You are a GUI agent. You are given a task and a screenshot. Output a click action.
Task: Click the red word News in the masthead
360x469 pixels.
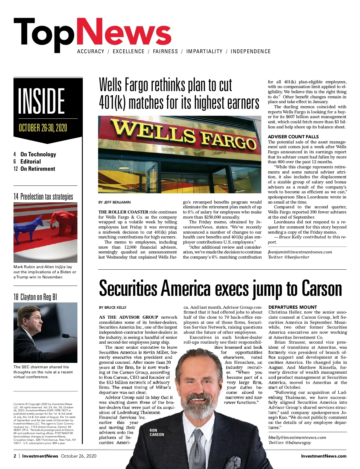tap(124, 32)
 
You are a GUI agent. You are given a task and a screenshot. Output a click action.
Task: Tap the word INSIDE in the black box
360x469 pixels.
tap(41, 101)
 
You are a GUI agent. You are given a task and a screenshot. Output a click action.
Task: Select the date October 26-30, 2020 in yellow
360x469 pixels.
tap(43, 128)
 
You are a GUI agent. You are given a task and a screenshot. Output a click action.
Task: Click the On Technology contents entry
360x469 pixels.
tap(38, 154)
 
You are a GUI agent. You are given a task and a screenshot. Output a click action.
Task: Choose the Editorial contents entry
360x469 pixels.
tap(30, 161)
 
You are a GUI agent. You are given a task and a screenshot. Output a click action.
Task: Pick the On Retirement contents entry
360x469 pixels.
tap(37, 169)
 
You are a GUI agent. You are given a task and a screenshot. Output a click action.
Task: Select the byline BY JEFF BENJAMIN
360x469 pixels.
tap(115, 202)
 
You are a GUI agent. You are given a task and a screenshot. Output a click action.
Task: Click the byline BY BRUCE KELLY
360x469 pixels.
tap(113, 308)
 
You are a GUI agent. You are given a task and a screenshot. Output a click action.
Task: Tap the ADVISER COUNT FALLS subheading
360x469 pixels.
tap(293, 137)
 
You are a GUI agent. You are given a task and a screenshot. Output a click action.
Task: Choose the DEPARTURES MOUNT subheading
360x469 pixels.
tap(292, 307)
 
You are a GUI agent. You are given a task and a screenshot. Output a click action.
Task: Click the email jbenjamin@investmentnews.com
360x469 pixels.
tap(300, 252)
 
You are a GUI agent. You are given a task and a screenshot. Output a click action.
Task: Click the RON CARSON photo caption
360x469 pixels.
tap(157, 432)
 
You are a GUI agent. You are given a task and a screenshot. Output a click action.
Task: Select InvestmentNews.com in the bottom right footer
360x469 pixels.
tap(323, 456)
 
